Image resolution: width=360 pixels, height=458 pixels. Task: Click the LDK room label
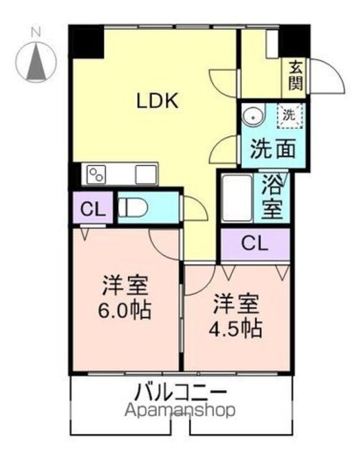(x=157, y=101)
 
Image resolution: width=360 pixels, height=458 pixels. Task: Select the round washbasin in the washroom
(x=253, y=117)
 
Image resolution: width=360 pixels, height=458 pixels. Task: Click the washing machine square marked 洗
(x=290, y=116)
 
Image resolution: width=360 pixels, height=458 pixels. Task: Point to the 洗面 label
(x=273, y=148)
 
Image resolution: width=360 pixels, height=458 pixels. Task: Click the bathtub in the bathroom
(x=237, y=198)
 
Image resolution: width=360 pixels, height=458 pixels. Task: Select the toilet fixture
(x=133, y=208)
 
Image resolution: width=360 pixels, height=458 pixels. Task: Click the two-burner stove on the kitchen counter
(x=97, y=175)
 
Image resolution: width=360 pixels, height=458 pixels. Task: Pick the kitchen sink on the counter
(x=146, y=175)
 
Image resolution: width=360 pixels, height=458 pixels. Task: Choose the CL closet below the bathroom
(x=255, y=244)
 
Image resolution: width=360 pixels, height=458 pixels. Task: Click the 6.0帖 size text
(x=125, y=310)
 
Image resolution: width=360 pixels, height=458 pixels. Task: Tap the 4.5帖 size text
(x=235, y=328)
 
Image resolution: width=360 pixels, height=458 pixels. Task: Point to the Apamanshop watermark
(x=180, y=411)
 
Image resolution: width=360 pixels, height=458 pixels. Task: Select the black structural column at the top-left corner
(x=87, y=42)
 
